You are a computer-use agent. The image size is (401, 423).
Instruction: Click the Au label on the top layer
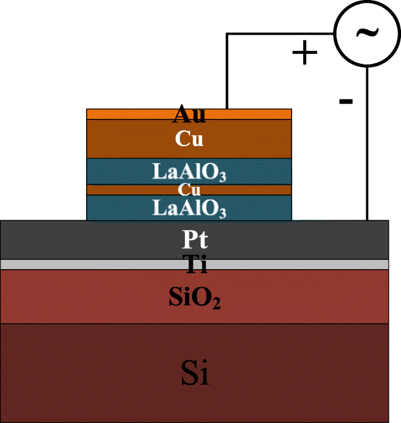coord(188,115)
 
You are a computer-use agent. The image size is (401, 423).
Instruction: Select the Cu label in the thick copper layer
coord(189,139)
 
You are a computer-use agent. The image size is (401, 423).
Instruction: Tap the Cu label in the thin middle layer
coord(189,190)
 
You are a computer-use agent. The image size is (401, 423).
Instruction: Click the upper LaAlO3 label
coord(189,172)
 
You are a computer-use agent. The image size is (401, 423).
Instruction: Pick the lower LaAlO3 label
coord(189,208)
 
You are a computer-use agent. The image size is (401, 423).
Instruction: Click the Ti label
coord(195,264)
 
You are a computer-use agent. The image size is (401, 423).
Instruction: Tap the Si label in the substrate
coord(195,373)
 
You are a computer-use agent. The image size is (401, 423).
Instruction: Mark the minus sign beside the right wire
coord(345,102)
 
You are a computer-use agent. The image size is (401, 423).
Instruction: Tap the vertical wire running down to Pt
coord(367,146)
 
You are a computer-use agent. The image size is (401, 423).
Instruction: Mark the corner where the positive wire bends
coord(227,34)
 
